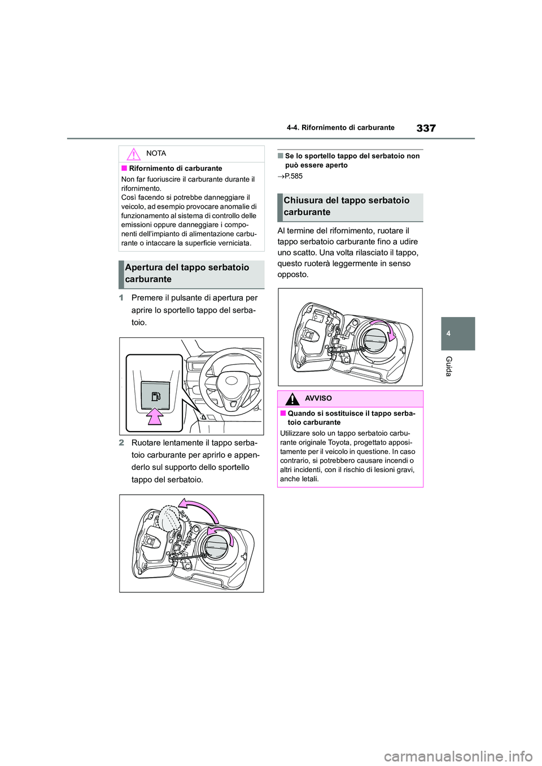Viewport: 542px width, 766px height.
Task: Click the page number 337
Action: click(x=426, y=128)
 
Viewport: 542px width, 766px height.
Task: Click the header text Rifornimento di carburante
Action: click(x=348, y=127)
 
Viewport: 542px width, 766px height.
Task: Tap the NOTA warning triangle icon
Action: click(x=133, y=154)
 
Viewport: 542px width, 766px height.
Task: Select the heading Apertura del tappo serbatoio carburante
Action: click(x=187, y=274)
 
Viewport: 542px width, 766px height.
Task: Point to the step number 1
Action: click(x=121, y=298)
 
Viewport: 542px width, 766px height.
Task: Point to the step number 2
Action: click(x=121, y=443)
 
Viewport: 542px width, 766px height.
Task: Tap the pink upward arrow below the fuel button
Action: click(x=155, y=416)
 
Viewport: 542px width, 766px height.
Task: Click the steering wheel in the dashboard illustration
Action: click(x=230, y=379)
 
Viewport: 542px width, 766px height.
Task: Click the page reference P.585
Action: click(x=293, y=176)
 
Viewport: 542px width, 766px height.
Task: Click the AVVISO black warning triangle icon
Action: click(x=292, y=399)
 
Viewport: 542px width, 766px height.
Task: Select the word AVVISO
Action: click(x=318, y=399)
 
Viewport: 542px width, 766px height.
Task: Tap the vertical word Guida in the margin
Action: click(x=449, y=366)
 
